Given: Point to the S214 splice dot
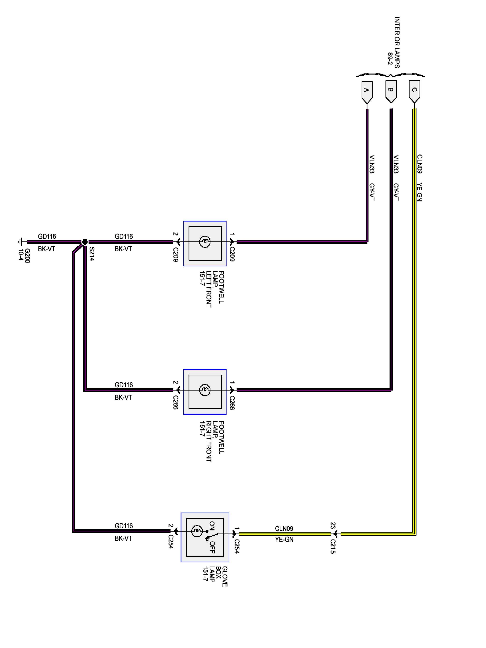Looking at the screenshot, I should pos(85,242).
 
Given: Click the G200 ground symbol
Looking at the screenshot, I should pos(21,242).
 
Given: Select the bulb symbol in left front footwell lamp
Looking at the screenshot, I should pos(205,242).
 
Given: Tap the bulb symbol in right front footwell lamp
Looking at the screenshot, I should pos(205,390).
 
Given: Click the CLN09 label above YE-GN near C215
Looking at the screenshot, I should pos(284,529).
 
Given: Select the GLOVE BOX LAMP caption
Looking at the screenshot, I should pos(214,576).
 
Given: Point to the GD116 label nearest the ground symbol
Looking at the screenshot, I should pos(47,236).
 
